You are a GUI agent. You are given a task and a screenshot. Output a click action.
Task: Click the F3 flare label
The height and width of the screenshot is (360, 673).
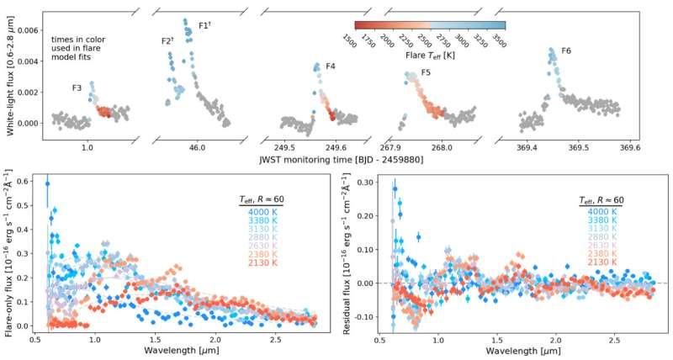coord(77,87)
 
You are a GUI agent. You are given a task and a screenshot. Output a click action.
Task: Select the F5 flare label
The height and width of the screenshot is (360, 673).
coord(427,73)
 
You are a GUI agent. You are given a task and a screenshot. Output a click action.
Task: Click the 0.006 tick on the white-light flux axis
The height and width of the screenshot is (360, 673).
coord(27,29)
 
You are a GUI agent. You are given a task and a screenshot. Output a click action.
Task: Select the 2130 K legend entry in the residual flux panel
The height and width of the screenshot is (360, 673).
coord(599,262)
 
